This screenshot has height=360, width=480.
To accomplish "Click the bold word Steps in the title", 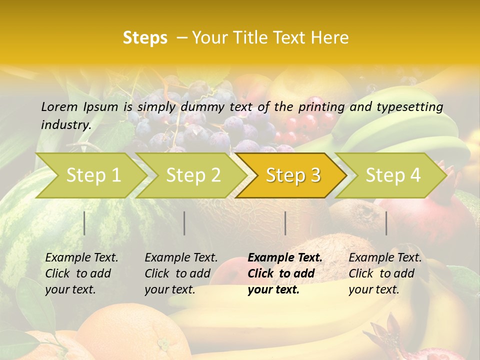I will [x=145, y=38].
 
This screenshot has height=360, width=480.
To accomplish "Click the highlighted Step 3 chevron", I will [x=293, y=175].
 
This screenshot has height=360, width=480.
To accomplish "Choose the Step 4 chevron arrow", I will [x=393, y=175].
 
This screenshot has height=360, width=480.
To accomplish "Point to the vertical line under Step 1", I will [x=84, y=223].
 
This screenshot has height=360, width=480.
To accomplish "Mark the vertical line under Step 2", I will [x=184, y=223].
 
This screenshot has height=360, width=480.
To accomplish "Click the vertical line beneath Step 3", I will [x=285, y=223].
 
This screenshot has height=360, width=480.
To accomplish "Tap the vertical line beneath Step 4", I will [x=386, y=223].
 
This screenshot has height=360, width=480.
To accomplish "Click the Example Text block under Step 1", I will [x=81, y=273].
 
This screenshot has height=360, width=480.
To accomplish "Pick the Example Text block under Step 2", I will [x=181, y=273].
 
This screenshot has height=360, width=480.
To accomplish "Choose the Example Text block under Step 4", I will [x=385, y=273].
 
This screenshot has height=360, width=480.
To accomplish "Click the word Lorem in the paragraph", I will [x=59, y=106].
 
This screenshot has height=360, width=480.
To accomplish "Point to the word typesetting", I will [x=409, y=107].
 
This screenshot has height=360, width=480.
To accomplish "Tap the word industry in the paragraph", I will [x=65, y=124].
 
